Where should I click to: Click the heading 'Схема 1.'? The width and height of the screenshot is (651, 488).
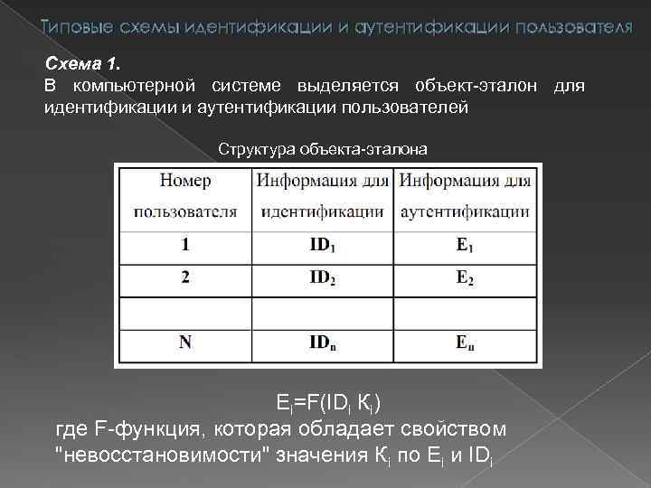(x=81, y=65)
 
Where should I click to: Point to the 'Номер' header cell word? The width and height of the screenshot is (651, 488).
(x=185, y=181)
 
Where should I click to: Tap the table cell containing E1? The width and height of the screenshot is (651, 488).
(x=466, y=245)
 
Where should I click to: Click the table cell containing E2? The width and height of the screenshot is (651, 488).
(x=466, y=277)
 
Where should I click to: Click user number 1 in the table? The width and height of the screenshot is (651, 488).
(x=185, y=245)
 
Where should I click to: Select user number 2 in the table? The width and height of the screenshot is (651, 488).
(x=185, y=277)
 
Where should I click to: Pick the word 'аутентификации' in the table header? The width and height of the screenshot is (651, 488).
(x=466, y=213)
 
